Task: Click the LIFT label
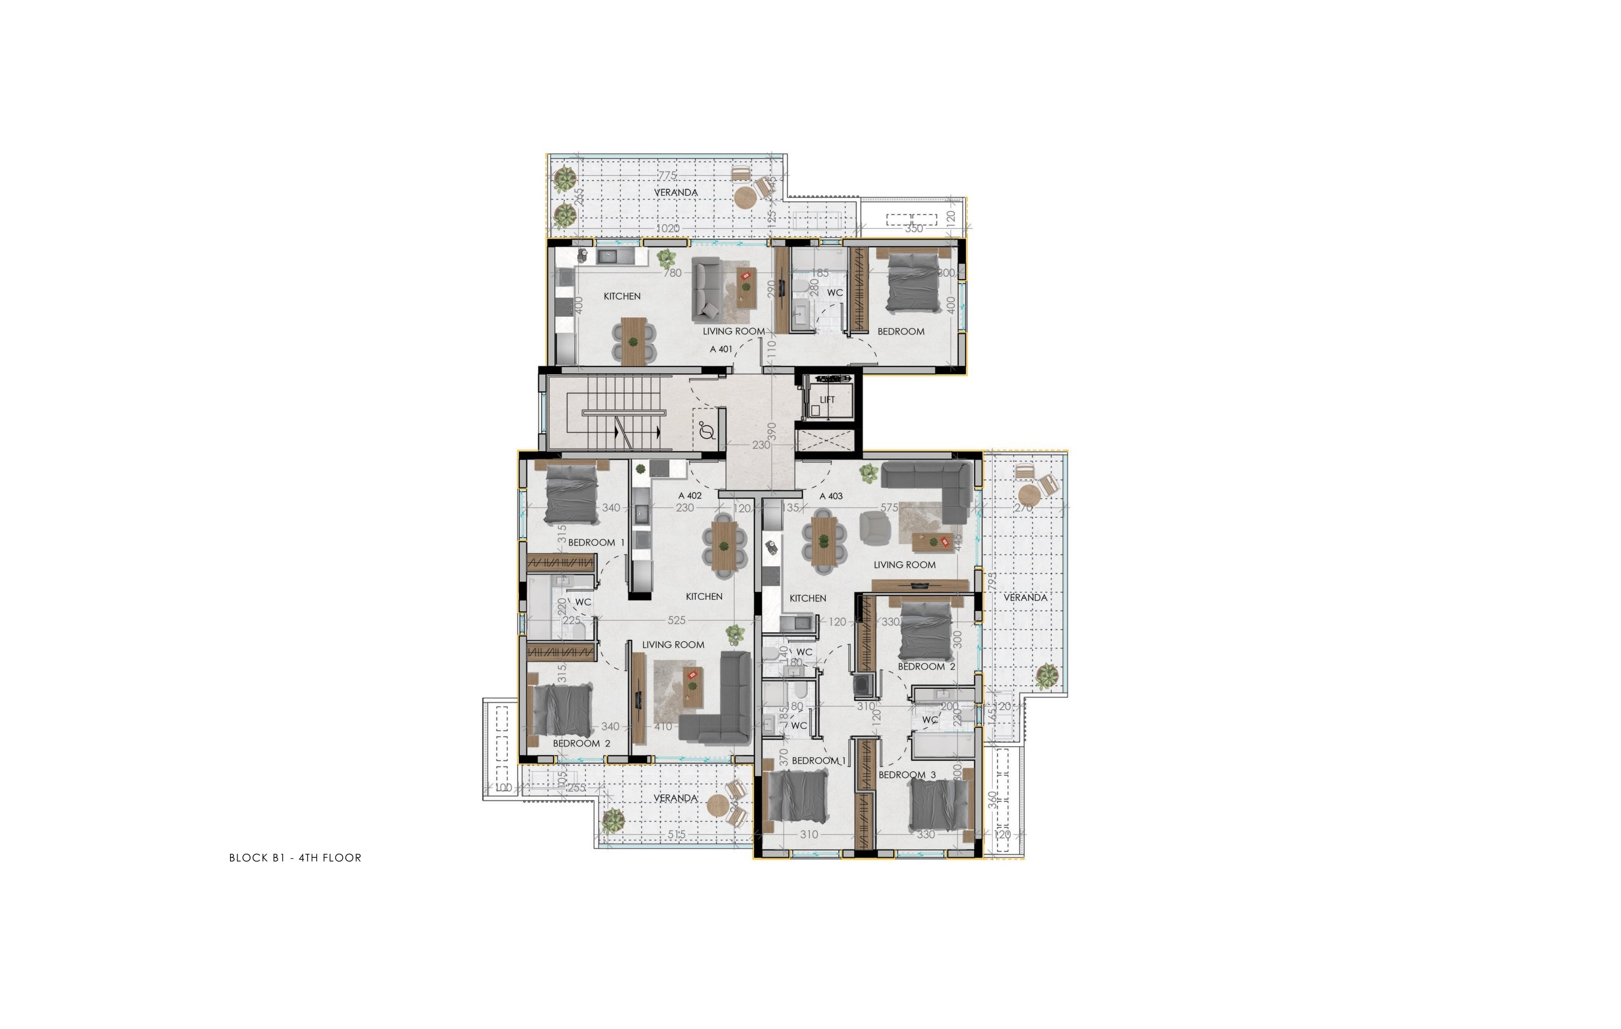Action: click(x=827, y=400)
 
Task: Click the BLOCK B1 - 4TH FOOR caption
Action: click(x=295, y=857)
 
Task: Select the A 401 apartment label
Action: click(x=721, y=349)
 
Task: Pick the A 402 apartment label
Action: click(x=690, y=496)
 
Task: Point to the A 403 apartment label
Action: click(x=830, y=496)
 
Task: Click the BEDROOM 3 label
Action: click(x=907, y=774)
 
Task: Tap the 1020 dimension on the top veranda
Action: click(x=667, y=228)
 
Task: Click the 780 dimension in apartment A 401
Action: click(x=672, y=273)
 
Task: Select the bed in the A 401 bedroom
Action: click(x=913, y=281)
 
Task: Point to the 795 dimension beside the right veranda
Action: click(x=990, y=582)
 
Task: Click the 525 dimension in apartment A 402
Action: click(x=676, y=620)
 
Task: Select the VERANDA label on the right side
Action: click(x=1025, y=598)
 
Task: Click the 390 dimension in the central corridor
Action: click(x=773, y=431)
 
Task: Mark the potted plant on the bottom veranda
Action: click(x=612, y=820)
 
